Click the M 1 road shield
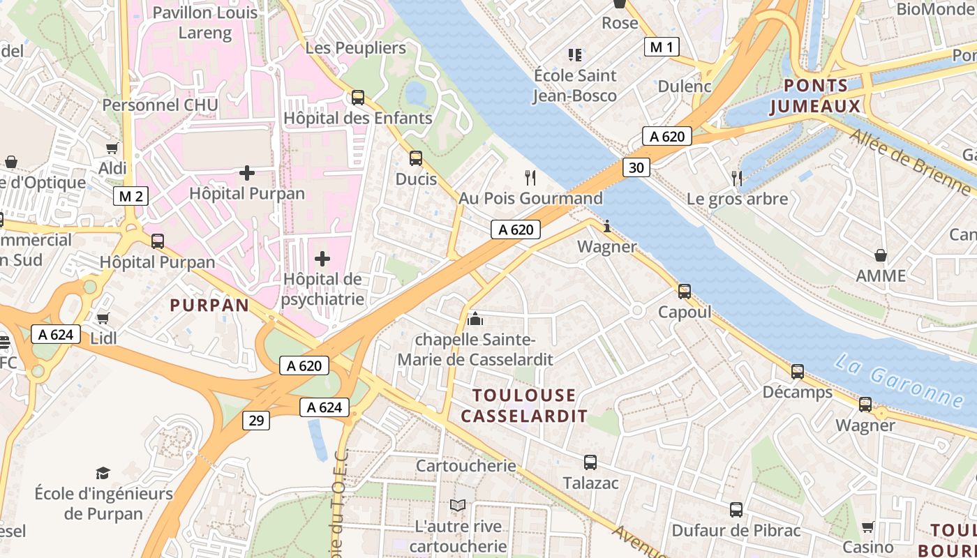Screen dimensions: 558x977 (x=661, y=47)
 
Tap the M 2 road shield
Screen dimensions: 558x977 (x=130, y=196)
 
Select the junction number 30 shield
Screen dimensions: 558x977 (x=636, y=167)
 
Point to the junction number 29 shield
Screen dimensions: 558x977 (x=257, y=420)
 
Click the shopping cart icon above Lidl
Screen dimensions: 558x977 (x=103, y=318)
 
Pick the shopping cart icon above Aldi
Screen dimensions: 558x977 (x=112, y=148)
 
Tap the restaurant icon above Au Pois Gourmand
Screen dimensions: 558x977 (x=530, y=178)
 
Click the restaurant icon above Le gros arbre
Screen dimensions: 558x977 (x=736, y=178)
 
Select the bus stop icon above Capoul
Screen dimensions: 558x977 (x=685, y=291)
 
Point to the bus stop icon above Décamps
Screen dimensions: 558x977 (x=798, y=372)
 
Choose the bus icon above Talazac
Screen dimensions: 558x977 (x=590, y=462)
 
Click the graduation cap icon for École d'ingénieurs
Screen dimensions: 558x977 (x=103, y=473)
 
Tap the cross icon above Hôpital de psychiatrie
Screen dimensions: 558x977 (x=322, y=259)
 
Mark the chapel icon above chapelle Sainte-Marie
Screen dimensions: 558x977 (x=475, y=319)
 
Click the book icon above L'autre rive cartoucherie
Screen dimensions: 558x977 (x=458, y=505)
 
